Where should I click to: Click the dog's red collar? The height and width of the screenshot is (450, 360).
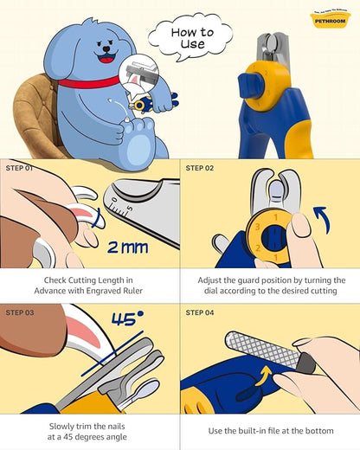(88, 82)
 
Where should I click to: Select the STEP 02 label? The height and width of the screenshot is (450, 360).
(202, 168)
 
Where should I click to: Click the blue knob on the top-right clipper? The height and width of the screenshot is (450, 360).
(250, 82)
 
